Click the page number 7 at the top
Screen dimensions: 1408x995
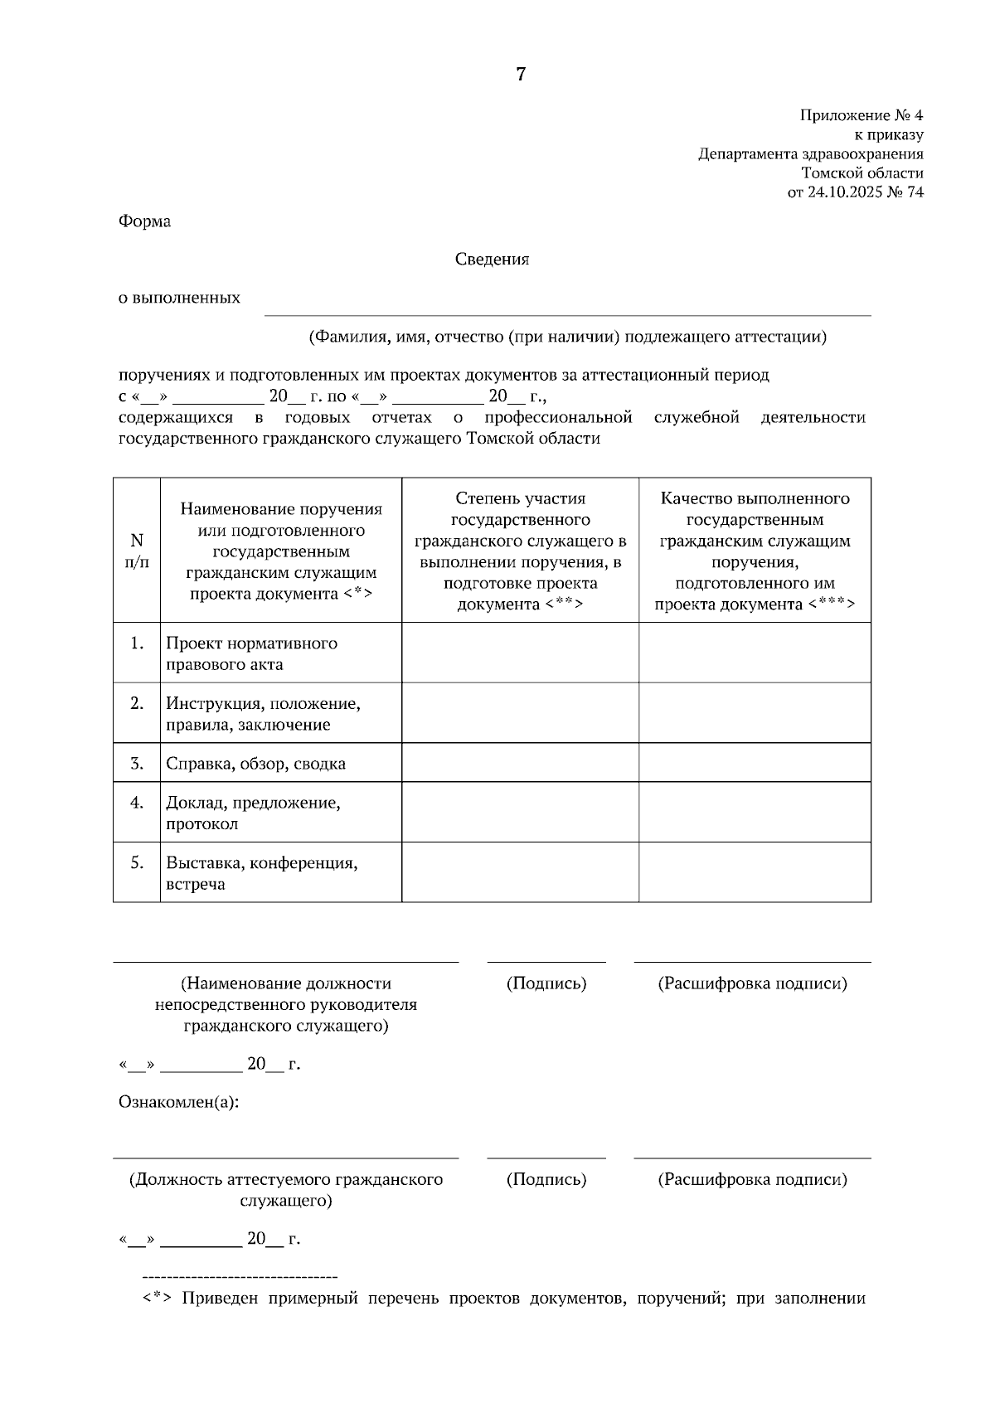(x=521, y=75)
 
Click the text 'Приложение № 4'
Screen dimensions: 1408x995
(x=861, y=115)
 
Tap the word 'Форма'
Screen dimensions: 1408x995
(x=144, y=221)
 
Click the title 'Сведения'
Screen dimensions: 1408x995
(x=492, y=260)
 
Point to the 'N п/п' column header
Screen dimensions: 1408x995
(x=137, y=551)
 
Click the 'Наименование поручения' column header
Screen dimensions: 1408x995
(x=281, y=551)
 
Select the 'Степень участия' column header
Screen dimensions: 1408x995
(x=520, y=551)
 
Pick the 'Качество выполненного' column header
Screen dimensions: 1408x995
(x=755, y=551)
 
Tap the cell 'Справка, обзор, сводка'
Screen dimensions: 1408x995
(x=255, y=764)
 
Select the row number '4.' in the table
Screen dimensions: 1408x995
(x=137, y=803)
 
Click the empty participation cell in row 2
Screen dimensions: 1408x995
(x=520, y=713)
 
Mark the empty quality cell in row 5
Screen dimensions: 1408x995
(x=755, y=872)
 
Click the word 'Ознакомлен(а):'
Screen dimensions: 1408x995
(x=178, y=1102)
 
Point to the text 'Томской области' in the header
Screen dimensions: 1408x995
(x=862, y=173)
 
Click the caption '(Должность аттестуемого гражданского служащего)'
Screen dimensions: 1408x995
(x=285, y=1189)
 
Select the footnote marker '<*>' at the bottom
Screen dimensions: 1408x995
(x=157, y=1299)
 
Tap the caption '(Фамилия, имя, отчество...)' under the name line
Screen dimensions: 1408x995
(x=567, y=337)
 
